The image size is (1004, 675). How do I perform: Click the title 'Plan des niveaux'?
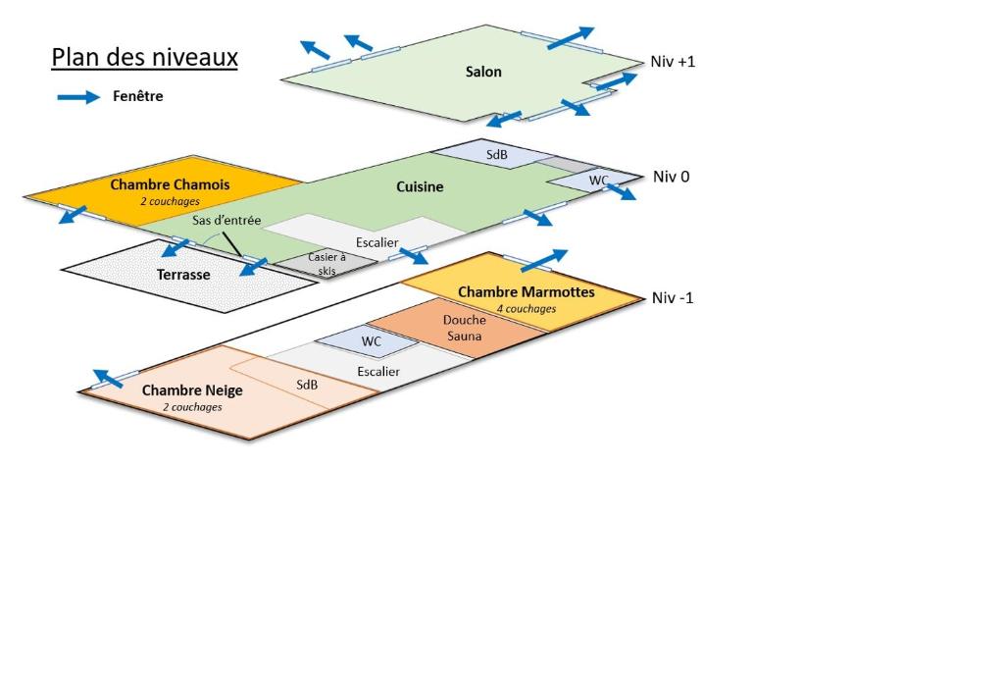click(x=145, y=57)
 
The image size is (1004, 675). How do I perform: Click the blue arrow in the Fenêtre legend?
click(x=78, y=97)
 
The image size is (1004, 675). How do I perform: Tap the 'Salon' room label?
click(x=483, y=72)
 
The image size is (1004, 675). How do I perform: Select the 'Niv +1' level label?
click(x=673, y=62)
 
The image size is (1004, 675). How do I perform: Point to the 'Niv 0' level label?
click(x=671, y=177)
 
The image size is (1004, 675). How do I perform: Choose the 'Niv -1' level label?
click(x=673, y=298)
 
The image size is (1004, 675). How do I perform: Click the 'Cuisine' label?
click(x=420, y=186)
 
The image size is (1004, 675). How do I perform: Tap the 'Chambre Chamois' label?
click(x=170, y=184)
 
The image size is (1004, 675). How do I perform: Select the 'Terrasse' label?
click(x=183, y=275)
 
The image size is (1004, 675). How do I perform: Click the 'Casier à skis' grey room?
click(x=327, y=263)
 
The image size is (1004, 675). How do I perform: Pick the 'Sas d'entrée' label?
click(x=226, y=221)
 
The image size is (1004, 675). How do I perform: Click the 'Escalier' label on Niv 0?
click(x=377, y=242)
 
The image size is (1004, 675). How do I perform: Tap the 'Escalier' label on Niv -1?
click(x=378, y=372)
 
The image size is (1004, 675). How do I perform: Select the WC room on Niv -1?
click(x=368, y=340)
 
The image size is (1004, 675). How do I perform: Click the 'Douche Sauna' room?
click(x=457, y=328)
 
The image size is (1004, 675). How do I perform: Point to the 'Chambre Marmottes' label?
click(x=527, y=292)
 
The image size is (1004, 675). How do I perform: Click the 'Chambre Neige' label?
click(x=192, y=390)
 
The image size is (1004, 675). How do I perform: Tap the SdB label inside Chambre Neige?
click(x=307, y=385)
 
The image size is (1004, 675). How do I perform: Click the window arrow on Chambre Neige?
click(x=108, y=379)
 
